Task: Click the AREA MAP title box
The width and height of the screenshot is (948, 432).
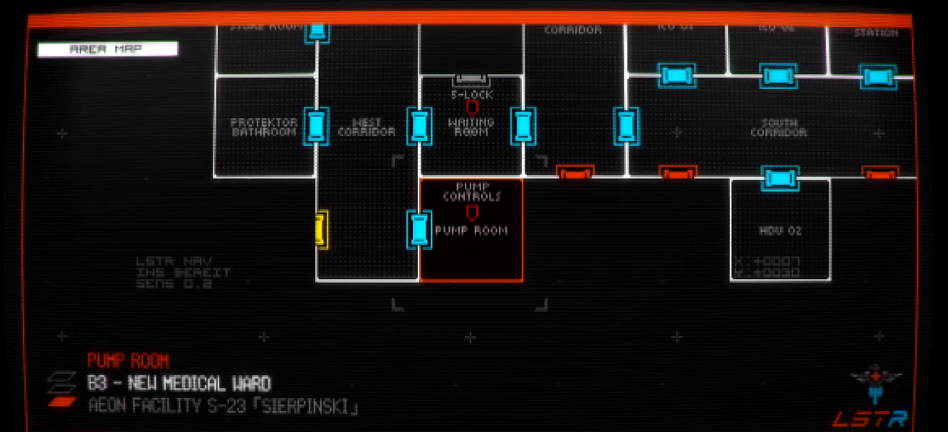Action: pyautogui.click(x=108, y=49)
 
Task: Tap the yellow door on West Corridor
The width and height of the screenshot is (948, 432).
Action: pyautogui.click(x=321, y=228)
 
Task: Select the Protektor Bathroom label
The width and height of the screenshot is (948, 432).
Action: pyautogui.click(x=264, y=127)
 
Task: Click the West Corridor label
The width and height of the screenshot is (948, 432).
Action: pyautogui.click(x=366, y=127)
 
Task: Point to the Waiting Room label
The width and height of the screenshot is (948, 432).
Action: pyautogui.click(x=471, y=127)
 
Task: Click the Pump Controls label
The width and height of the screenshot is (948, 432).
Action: pyautogui.click(x=472, y=192)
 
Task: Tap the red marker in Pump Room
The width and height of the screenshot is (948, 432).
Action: pyautogui.click(x=472, y=213)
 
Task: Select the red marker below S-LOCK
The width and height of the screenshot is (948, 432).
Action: pyautogui.click(x=472, y=108)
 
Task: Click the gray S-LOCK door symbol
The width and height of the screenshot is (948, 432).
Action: pyautogui.click(x=472, y=81)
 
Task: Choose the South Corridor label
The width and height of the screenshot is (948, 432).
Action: pyautogui.click(x=779, y=127)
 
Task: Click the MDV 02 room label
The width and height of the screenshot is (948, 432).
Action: pyautogui.click(x=780, y=230)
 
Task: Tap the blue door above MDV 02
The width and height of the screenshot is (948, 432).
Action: pyautogui.click(x=780, y=178)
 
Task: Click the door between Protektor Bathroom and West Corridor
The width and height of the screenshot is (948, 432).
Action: pyautogui.click(x=316, y=126)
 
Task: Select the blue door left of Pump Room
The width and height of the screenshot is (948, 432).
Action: pyautogui.click(x=418, y=229)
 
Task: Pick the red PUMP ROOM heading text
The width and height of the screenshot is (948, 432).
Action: pyautogui.click(x=128, y=360)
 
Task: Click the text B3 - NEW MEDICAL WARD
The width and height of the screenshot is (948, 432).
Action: pyautogui.click(x=179, y=383)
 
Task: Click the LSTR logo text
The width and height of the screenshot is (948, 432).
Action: pyautogui.click(x=870, y=419)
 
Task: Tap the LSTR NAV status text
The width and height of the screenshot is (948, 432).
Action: pyautogui.click(x=164, y=263)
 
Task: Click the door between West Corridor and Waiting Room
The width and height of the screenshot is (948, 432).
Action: pyautogui.click(x=419, y=126)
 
